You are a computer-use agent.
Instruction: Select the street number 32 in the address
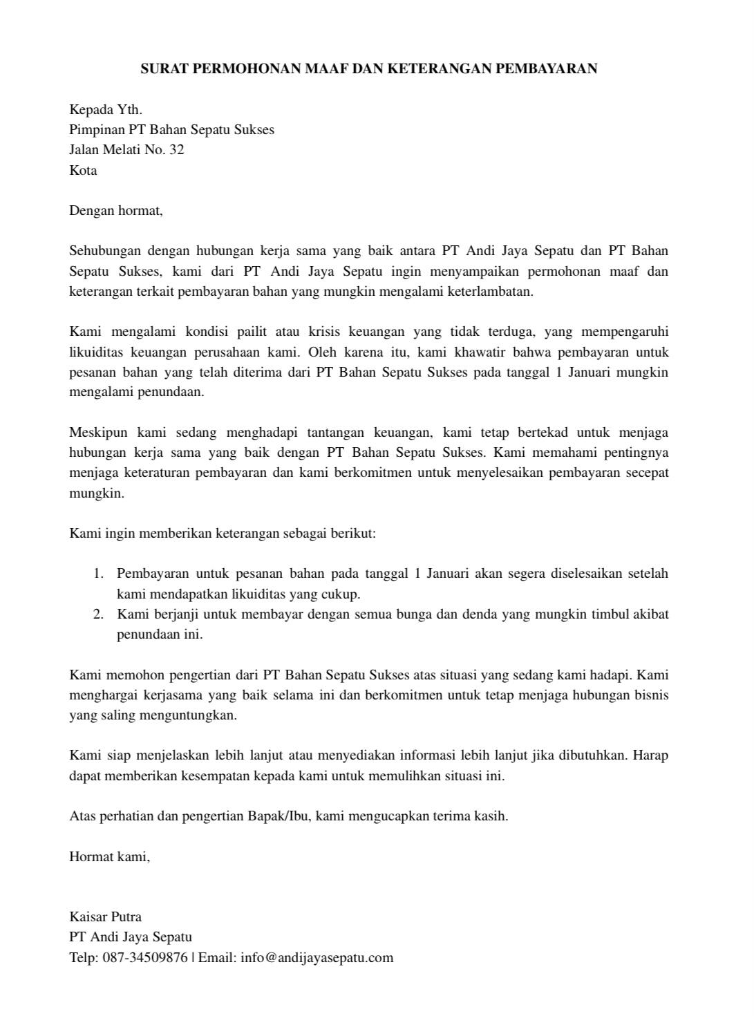pos(176,149)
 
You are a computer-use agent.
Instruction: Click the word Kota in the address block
pos(83,170)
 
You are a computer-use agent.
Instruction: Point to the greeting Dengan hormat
pos(115,210)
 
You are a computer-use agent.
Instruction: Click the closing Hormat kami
pos(109,856)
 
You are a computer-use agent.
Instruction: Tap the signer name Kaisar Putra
pos(105,917)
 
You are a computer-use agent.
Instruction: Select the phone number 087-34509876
pos(145,958)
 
